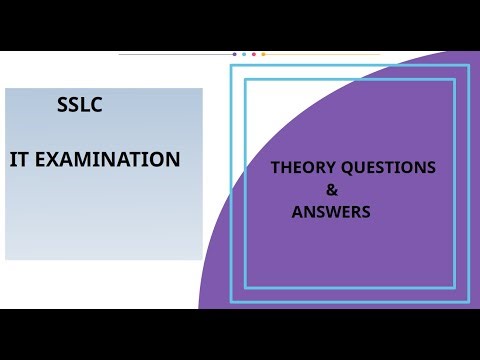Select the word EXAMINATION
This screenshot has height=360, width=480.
tap(111, 160)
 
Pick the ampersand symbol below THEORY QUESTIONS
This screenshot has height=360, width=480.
tap(333, 190)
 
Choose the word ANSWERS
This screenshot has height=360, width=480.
tap(331, 212)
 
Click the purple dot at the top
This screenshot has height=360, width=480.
tap(234, 54)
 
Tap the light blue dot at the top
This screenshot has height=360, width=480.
tap(244, 54)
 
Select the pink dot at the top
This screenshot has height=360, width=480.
tap(254, 54)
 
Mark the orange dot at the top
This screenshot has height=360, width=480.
tap(263, 54)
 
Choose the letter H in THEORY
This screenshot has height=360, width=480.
tap(285, 168)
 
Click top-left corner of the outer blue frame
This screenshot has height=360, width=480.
tap(232, 66)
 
